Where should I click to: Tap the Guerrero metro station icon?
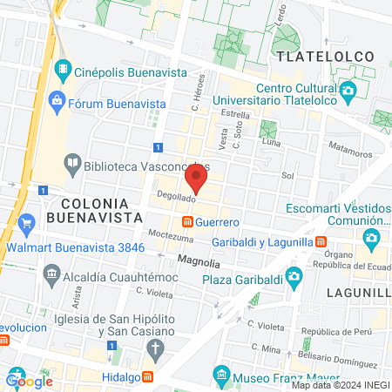point(186,223)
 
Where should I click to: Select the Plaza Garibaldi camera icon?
point(294,278)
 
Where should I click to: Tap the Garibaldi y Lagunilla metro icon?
point(321,241)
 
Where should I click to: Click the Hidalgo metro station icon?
point(148,376)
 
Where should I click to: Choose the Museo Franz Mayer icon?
point(221,376)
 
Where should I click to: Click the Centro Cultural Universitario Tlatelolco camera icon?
point(348,91)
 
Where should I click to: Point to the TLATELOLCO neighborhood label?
point(325,57)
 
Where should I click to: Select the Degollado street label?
point(175,198)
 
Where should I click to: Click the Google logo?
point(30,381)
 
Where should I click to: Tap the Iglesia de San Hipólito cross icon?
point(155,351)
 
